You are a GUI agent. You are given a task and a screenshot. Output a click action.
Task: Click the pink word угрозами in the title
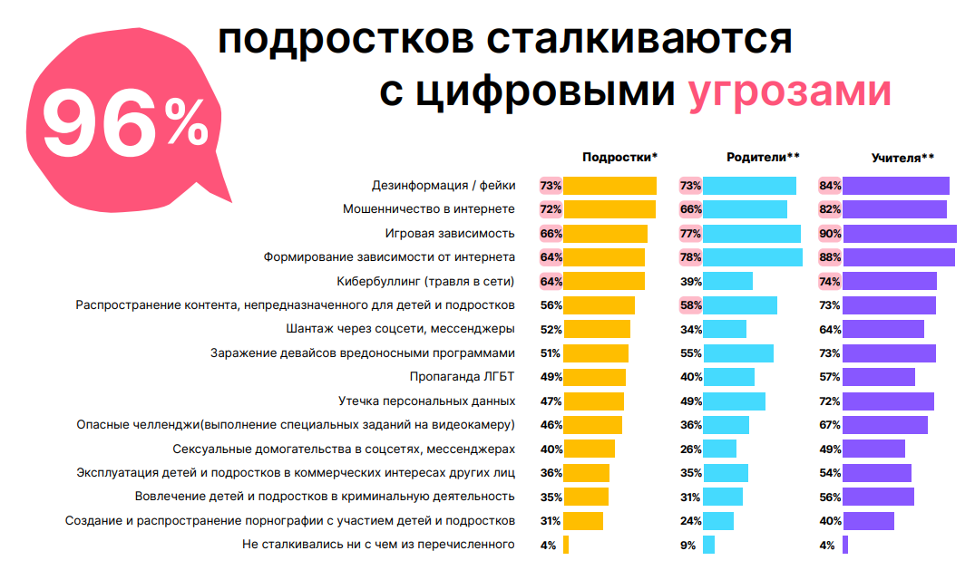pyautogui.click(x=789, y=92)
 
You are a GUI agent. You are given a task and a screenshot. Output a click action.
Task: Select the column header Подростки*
pyautogui.click(x=619, y=157)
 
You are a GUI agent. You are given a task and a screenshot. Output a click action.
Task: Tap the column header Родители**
pyautogui.click(x=763, y=157)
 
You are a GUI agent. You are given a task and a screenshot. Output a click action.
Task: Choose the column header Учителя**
pyautogui.click(x=902, y=157)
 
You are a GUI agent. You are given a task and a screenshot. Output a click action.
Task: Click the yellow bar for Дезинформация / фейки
pyautogui.click(x=610, y=186)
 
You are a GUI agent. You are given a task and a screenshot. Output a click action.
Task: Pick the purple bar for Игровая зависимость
pyautogui.click(x=900, y=233)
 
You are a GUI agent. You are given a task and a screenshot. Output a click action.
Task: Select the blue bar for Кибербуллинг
pyautogui.click(x=728, y=281)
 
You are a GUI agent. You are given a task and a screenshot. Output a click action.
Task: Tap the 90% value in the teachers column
pyautogui.click(x=830, y=233)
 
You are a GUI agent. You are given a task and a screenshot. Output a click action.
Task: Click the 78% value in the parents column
pyautogui.click(x=690, y=257)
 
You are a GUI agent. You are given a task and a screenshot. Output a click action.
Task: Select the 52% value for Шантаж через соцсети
pyautogui.click(x=551, y=329)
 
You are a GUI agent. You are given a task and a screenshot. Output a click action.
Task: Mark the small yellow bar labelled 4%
pyautogui.click(x=566, y=545)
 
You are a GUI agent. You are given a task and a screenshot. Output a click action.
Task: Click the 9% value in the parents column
pyautogui.click(x=687, y=545)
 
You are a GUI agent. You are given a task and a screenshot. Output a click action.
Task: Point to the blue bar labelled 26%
pyautogui.click(x=720, y=449)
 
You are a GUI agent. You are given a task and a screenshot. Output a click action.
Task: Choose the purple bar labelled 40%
pyautogui.click(x=869, y=521)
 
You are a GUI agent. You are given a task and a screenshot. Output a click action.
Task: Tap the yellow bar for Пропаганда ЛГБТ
pyautogui.click(x=595, y=377)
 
